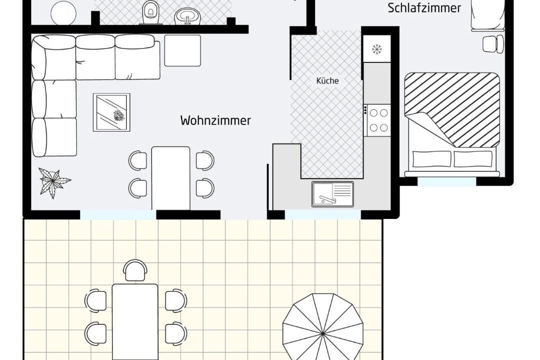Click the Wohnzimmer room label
pyautogui.click(x=215, y=120)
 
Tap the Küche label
pyautogui.click(x=327, y=80)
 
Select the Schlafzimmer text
pyautogui.click(x=424, y=8)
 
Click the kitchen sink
pyautogui.click(x=332, y=194)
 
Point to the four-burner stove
pyautogui.click(x=378, y=120)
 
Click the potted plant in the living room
pyautogui.click(x=54, y=182)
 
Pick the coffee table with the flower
pyautogui.click(x=111, y=112)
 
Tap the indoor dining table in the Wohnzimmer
pyautogui.click(x=171, y=178)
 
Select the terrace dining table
pyautogui.click(x=135, y=321)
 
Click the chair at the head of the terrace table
pyautogui.click(x=135, y=270)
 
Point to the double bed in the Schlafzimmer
pyautogui.click(x=452, y=124)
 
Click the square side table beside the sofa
pyautogui.click(x=182, y=50)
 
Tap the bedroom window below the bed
pyautogui.click(x=446, y=181)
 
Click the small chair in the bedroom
pyautogui.click(x=493, y=44)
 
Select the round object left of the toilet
pyautogui.click(x=63, y=13)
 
